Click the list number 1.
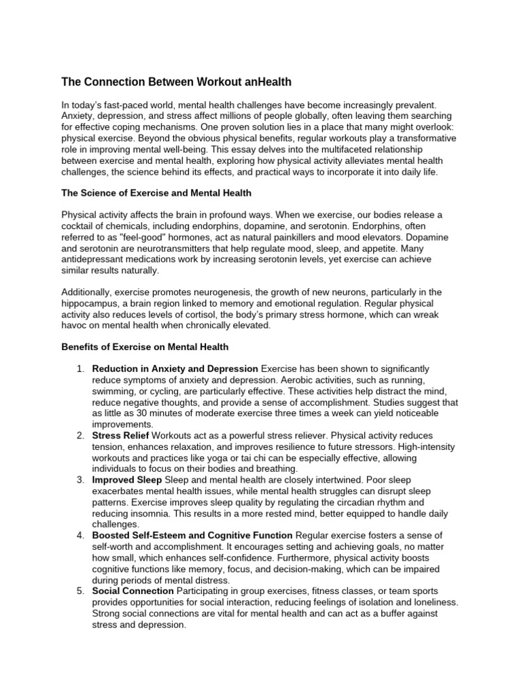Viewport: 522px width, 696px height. coord(80,369)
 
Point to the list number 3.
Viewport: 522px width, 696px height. coord(80,480)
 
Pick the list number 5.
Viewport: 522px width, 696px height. coord(80,591)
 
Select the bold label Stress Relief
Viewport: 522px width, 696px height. coord(120,436)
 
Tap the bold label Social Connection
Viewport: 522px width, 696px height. coord(133,591)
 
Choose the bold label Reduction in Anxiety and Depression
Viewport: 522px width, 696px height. coord(175,369)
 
